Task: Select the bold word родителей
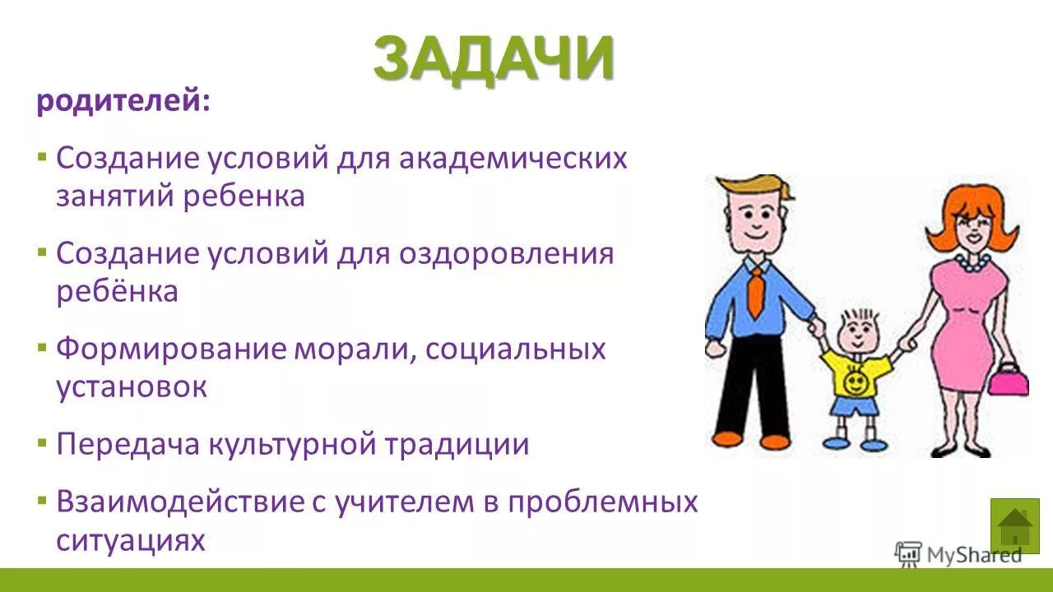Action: pyautogui.click(x=123, y=103)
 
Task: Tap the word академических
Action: pyautogui.click(x=513, y=158)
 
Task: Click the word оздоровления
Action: pyautogui.click(x=507, y=253)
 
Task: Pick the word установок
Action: pyautogui.click(x=132, y=386)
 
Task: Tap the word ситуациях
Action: pyautogui.click(x=130, y=540)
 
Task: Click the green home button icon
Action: pyautogui.click(x=1014, y=525)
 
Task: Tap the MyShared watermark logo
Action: pyautogui.click(x=958, y=554)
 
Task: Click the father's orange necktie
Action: pyautogui.click(x=755, y=293)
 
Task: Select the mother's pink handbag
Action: pyautogui.click(x=1007, y=381)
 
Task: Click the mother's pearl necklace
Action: pyautogui.click(x=972, y=263)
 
